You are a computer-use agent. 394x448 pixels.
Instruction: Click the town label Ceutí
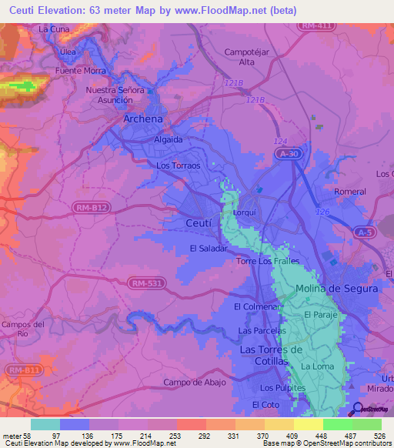(199, 222)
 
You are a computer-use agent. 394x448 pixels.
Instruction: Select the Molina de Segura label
(337, 289)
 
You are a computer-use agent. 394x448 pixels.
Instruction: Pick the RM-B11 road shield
(25, 370)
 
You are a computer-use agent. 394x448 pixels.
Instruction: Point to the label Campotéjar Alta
(239, 56)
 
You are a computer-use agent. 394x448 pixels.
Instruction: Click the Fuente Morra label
(80, 71)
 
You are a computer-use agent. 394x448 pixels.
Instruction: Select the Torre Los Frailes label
(267, 262)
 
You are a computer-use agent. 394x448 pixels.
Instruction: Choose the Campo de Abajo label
(193, 383)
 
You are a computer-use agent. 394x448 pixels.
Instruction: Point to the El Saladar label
(209, 249)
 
